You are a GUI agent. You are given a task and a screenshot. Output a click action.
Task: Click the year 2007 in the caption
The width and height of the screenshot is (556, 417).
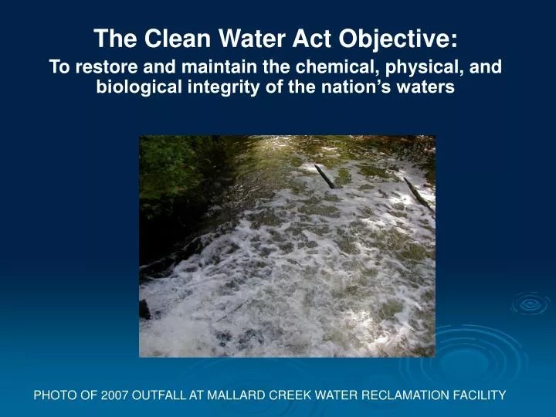click(112, 395)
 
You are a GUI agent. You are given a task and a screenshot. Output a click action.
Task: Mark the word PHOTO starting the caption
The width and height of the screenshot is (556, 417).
click(56, 395)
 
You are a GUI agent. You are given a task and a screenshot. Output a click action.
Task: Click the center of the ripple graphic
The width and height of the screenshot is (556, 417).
click(530, 303)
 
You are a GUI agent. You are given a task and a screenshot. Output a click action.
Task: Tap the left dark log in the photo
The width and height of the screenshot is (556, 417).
click(325, 177)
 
